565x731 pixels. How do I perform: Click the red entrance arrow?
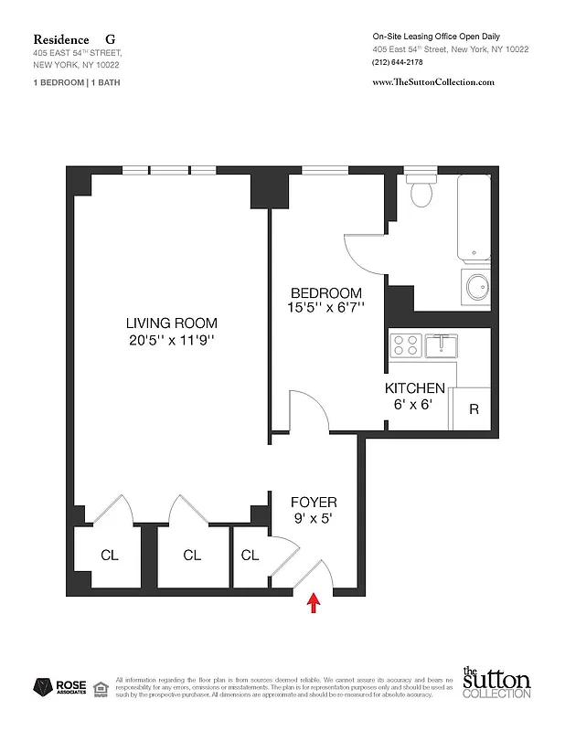[314, 603]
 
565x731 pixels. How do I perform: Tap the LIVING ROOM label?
[172, 323]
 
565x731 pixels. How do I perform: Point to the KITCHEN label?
[414, 388]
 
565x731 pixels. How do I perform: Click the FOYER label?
[314, 503]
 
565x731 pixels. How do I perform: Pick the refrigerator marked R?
[474, 409]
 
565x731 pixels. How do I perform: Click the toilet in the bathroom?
[422, 191]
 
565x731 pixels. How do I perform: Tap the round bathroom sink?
[476, 288]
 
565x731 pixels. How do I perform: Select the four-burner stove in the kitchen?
[405, 345]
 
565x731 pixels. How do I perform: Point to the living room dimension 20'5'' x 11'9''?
[172, 342]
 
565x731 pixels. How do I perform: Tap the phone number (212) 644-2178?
[400, 62]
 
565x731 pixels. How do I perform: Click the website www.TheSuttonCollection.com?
[434, 81]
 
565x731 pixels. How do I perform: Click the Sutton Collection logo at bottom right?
[496, 683]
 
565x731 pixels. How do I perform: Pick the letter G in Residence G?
[111, 39]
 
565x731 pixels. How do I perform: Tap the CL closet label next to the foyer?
[250, 555]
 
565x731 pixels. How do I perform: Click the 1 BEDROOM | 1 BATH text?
[77, 83]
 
